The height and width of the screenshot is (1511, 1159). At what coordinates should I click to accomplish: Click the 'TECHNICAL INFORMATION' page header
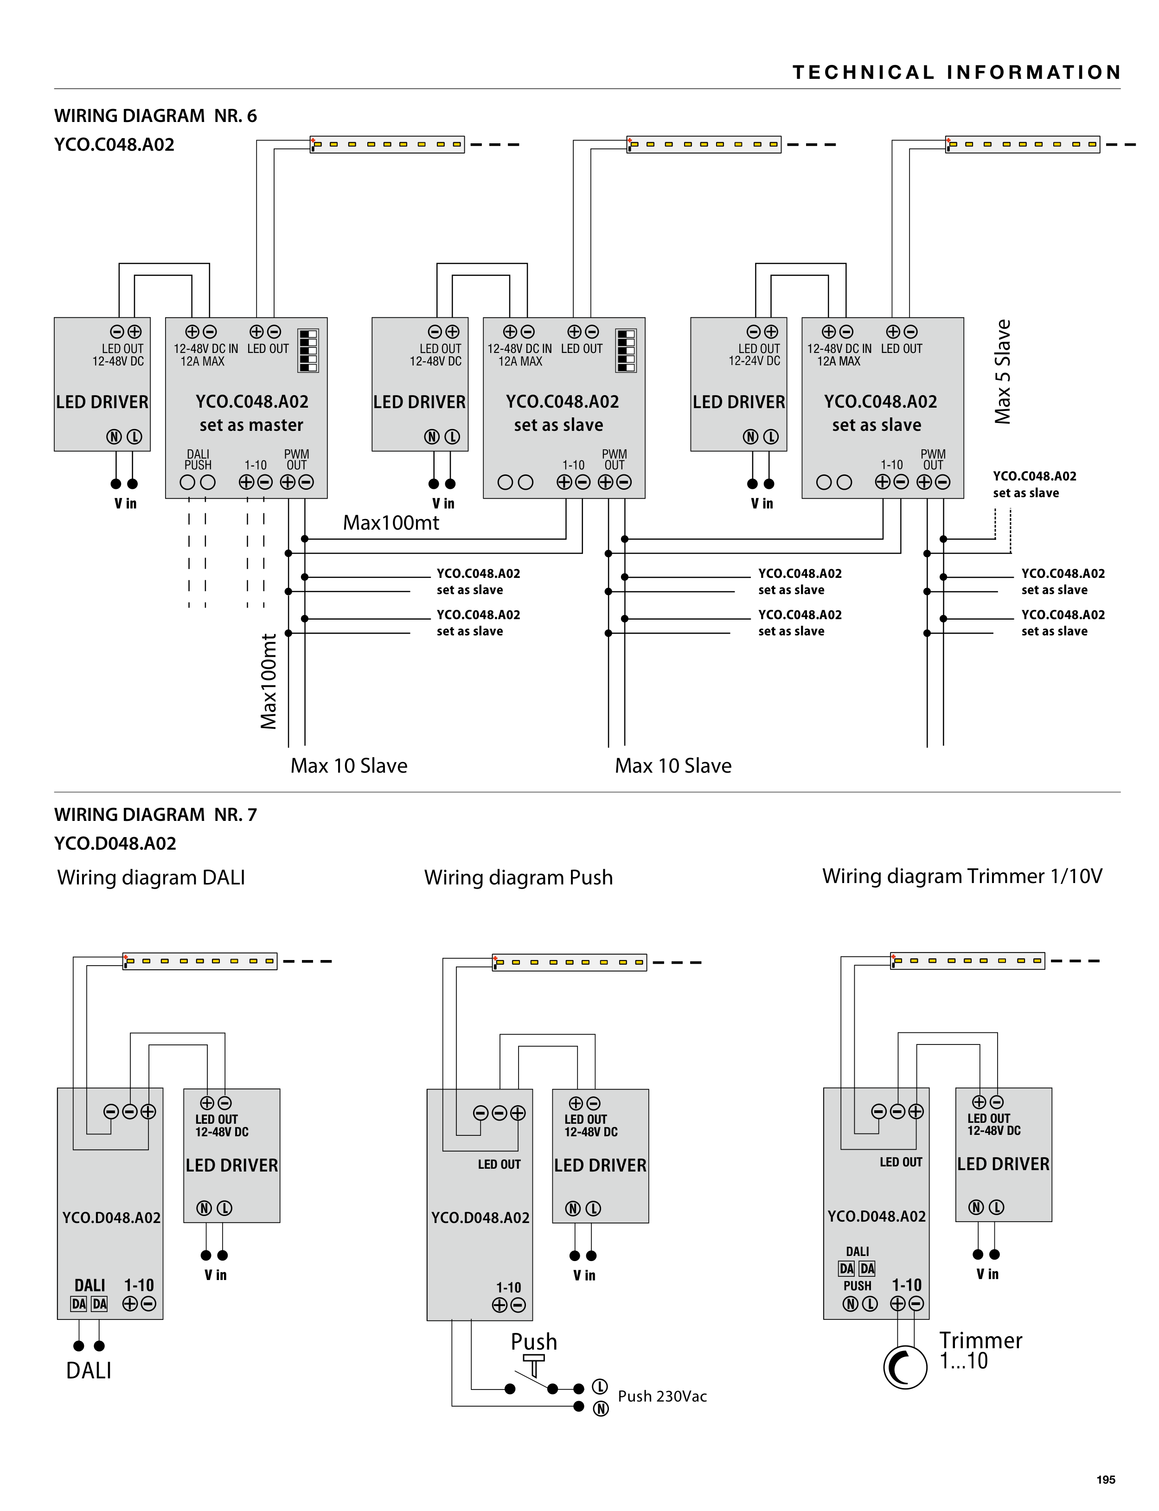[x=956, y=72]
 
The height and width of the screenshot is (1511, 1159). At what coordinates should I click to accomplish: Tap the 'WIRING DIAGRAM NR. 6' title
[x=155, y=116]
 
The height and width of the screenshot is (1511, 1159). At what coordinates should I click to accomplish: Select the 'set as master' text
[x=251, y=425]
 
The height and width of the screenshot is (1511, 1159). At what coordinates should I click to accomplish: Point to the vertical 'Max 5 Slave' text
[x=1002, y=372]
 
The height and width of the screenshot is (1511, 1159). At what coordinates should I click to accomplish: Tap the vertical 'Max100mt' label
[x=269, y=682]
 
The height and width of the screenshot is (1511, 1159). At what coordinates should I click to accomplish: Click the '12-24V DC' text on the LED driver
[x=754, y=361]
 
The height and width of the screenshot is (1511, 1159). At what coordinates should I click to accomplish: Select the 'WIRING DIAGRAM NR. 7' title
[x=155, y=815]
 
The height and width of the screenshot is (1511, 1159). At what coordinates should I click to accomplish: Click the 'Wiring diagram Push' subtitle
[x=518, y=877]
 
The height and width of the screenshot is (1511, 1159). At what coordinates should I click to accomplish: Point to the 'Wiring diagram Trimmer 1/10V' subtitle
[x=962, y=876]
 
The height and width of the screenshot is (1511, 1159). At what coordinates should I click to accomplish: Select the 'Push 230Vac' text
[x=662, y=1396]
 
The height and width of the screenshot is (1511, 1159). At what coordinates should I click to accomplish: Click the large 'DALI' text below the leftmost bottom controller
[x=88, y=1370]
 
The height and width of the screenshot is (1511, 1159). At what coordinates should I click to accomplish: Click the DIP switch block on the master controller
[x=307, y=351]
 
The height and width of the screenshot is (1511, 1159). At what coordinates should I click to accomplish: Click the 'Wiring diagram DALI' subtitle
[x=151, y=877]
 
